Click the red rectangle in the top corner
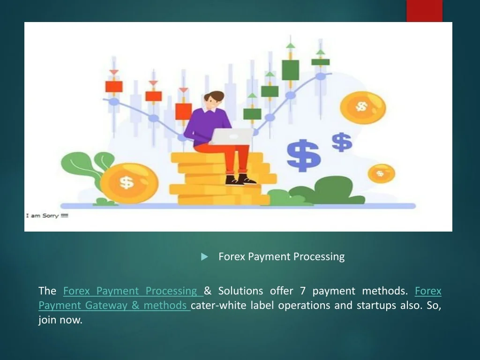pyautogui.click(x=424, y=11)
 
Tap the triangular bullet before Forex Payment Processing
pyautogui.click(x=204, y=257)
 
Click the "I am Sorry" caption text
pyautogui.click(x=47, y=216)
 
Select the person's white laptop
pyautogui.click(x=232, y=136)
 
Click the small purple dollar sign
pyautogui.click(x=342, y=142)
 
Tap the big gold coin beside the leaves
pyautogui.click(x=129, y=183)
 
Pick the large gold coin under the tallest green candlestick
pyautogui.click(x=363, y=108)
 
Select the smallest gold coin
pyautogui.click(x=381, y=173)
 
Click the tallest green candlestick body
pyautogui.click(x=290, y=70)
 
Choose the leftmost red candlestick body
pyautogui.click(x=114, y=87)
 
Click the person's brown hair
pyautogui.click(x=215, y=96)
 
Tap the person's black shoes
pyautogui.click(x=240, y=180)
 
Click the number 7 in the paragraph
pyautogui.click(x=303, y=291)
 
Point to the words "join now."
pyautogui.click(x=60, y=320)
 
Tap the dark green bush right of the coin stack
pyautogui.click(x=328, y=190)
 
